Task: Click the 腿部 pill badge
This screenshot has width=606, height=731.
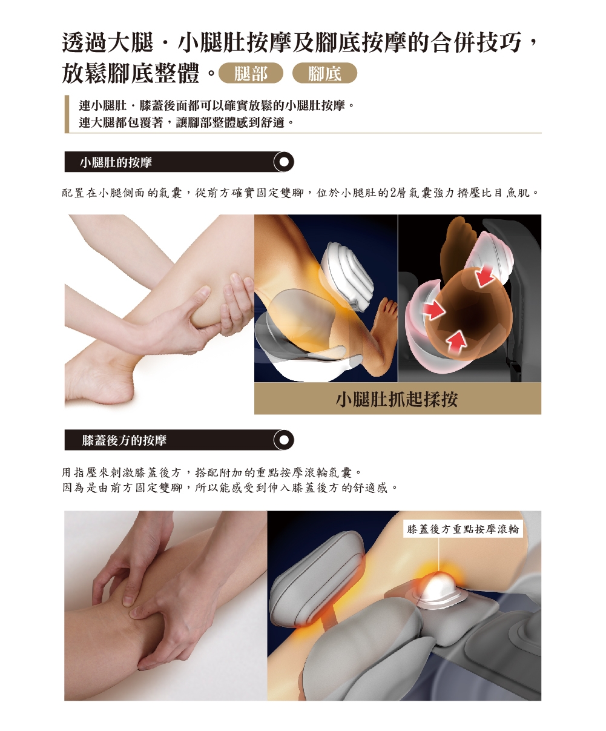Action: pos(251,74)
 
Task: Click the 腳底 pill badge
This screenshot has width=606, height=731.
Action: pos(324,74)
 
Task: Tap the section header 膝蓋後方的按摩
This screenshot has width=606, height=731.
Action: pos(124,440)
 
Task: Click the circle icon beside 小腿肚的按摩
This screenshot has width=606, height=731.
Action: pos(283,162)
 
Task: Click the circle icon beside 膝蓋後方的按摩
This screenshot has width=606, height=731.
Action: pos(283,440)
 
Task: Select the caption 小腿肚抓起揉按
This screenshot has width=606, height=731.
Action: pos(397,399)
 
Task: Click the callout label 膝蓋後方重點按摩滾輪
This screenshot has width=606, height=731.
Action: pos(463,529)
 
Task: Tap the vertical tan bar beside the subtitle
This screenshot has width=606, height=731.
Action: pos(67,113)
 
